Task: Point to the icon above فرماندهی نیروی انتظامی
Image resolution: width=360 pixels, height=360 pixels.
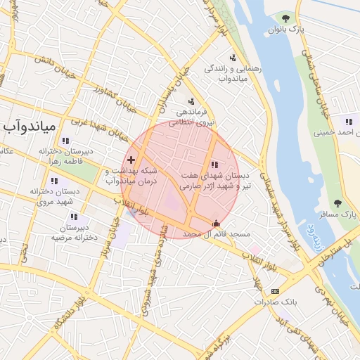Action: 191,101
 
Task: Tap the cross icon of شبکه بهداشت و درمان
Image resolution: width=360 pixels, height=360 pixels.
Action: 131,160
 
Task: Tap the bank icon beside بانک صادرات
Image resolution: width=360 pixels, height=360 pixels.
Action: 275,291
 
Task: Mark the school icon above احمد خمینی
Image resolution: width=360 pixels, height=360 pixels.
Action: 348,121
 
